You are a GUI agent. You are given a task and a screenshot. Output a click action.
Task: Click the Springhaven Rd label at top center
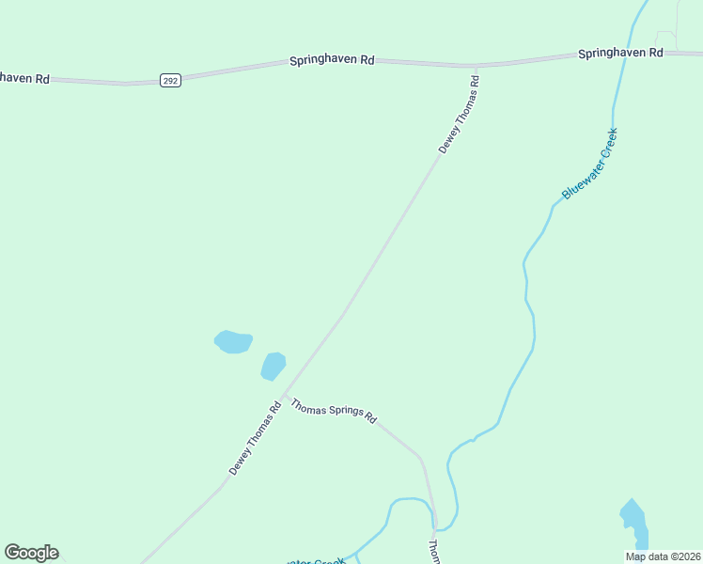(331, 60)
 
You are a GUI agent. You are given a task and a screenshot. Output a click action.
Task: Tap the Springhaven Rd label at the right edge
(620, 53)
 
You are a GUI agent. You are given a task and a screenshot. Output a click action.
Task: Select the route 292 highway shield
(169, 80)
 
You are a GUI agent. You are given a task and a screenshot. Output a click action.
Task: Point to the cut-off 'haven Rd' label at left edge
(24, 79)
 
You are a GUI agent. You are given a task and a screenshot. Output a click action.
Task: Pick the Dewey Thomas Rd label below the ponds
(256, 438)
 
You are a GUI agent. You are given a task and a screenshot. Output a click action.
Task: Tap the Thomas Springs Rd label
(334, 412)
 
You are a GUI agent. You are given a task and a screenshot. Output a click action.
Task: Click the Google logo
(31, 553)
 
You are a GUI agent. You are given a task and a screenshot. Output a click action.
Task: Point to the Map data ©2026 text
(663, 556)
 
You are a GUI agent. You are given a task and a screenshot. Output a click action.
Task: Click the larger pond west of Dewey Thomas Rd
(233, 341)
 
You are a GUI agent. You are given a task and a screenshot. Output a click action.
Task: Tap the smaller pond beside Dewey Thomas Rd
(273, 366)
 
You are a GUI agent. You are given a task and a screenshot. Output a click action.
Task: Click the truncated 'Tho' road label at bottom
(434, 551)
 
